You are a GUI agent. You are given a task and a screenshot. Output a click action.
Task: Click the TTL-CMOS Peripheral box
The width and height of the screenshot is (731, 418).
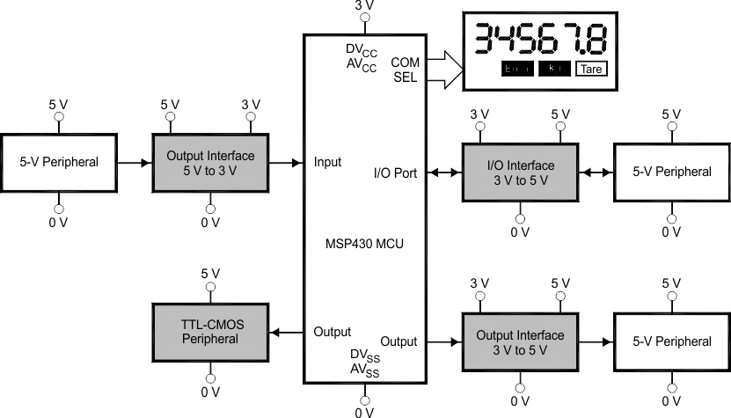tap(211, 331)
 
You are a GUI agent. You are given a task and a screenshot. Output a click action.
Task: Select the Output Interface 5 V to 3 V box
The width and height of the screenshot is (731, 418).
tap(210, 163)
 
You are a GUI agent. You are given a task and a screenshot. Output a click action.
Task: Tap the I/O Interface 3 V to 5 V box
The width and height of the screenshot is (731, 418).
tap(521, 172)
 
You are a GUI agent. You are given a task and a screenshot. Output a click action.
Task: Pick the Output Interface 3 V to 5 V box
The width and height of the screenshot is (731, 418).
tap(521, 341)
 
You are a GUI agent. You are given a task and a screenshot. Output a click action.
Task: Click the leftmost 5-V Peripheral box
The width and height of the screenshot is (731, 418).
tap(59, 163)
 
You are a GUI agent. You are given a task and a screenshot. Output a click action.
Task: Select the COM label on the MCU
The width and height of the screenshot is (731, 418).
tap(405, 62)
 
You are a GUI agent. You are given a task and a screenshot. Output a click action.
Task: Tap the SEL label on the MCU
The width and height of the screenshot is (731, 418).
tap(406, 77)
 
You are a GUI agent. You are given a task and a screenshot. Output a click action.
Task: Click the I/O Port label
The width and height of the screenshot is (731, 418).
tap(395, 172)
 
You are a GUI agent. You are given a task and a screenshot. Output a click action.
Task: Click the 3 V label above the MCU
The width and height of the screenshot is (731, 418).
tap(364, 6)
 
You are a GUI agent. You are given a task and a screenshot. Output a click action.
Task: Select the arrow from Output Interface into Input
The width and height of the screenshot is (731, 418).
tap(287, 163)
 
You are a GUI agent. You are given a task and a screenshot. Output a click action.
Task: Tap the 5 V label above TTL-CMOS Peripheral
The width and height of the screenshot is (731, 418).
tap(210, 273)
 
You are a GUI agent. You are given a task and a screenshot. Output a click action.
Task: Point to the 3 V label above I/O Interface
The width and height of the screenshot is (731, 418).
tap(480, 114)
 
